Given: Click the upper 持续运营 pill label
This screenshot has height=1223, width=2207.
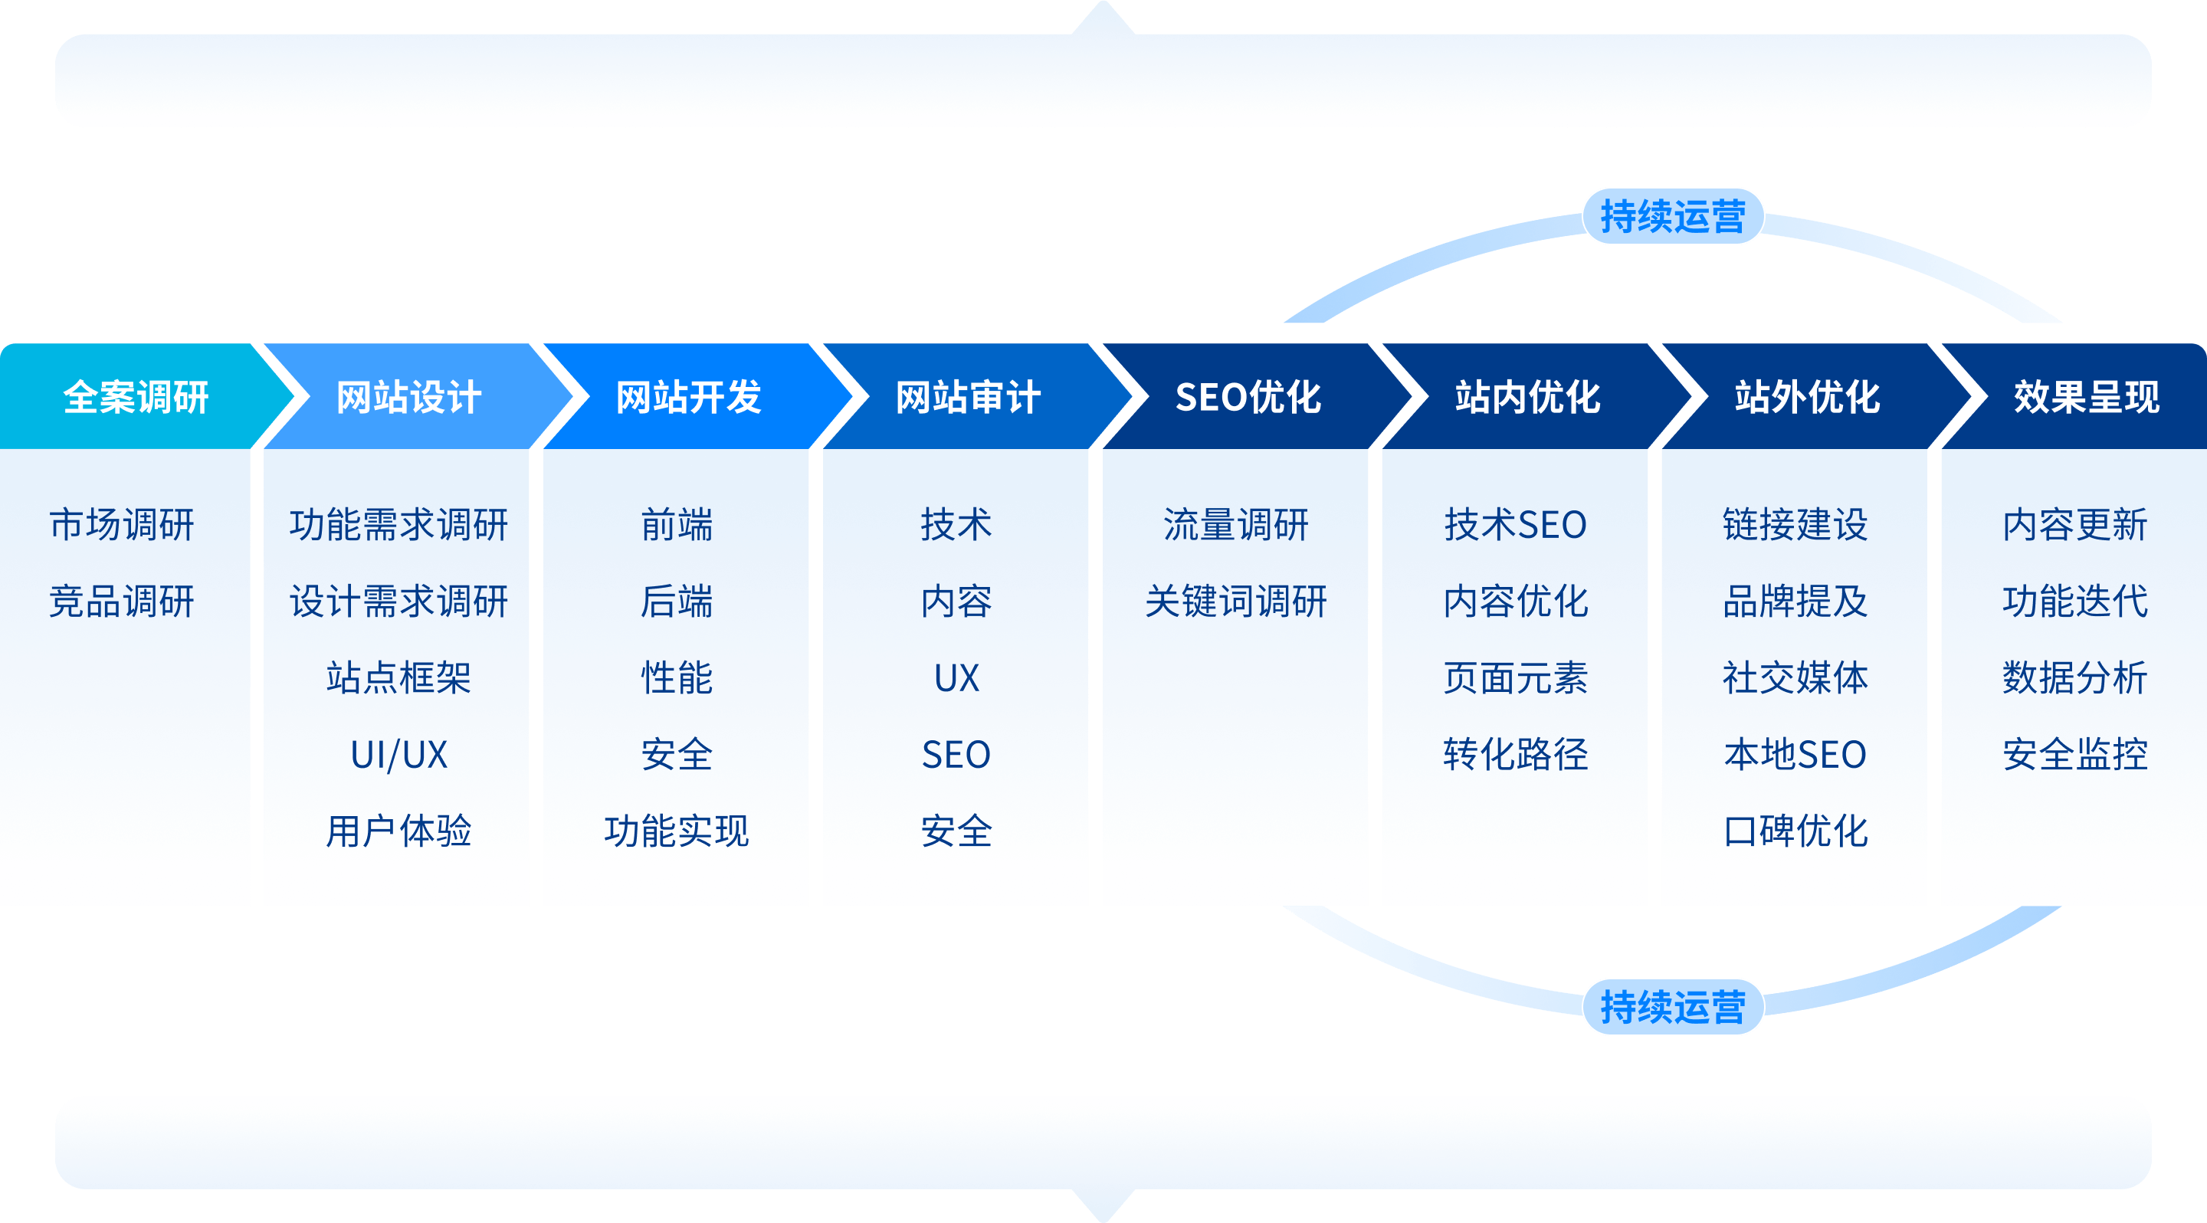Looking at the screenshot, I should (1672, 217).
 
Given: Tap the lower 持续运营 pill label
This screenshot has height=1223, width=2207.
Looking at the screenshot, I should (1672, 1007).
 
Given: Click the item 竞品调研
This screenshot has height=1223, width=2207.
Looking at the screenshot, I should (122, 602).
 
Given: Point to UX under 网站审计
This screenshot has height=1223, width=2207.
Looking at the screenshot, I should (956, 678).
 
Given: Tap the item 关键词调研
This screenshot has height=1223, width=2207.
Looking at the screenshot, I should (1235, 602).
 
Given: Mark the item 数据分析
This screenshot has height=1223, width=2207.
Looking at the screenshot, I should (2074, 678).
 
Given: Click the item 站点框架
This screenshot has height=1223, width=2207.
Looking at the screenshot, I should (399, 678).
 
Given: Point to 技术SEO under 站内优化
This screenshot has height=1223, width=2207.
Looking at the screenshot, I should (1515, 525).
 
